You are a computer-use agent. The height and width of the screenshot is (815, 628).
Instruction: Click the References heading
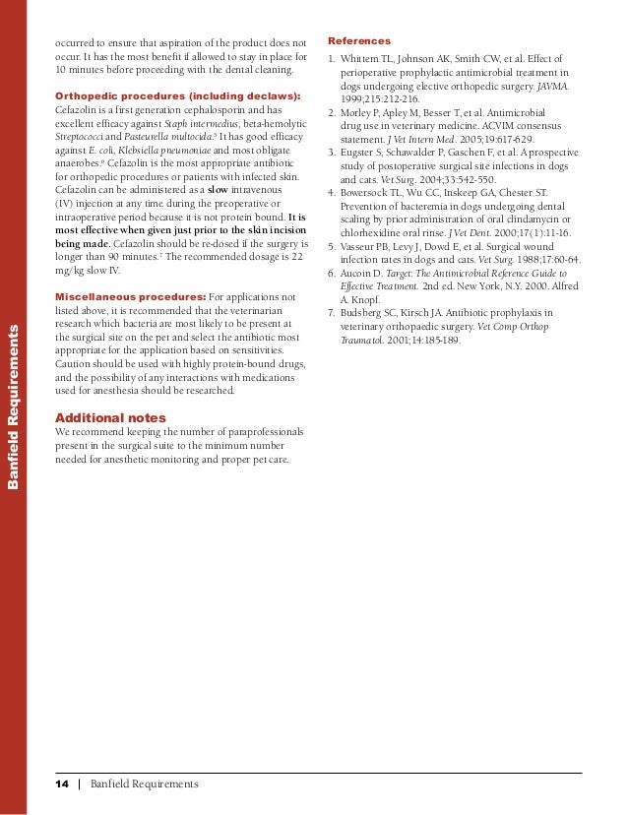coord(359,41)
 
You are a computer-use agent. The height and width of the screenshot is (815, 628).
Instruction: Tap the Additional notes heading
coord(110,418)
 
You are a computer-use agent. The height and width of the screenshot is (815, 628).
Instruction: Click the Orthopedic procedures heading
coord(177,95)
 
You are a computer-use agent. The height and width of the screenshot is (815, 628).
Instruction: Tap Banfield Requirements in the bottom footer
coord(144,784)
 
